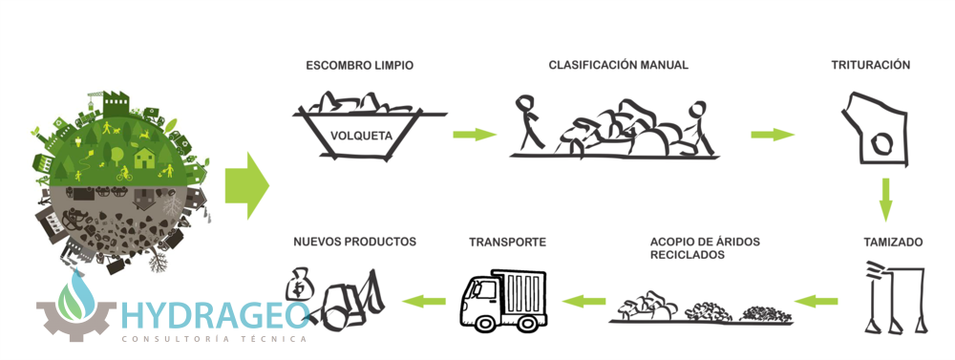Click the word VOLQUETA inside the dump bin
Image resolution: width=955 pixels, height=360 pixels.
(361, 136)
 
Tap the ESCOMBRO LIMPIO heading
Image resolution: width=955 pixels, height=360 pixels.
(359, 66)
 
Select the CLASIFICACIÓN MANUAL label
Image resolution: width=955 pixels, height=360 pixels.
(618, 65)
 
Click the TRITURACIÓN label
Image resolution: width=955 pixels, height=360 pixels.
(870, 65)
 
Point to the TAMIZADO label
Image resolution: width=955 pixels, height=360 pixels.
(893, 243)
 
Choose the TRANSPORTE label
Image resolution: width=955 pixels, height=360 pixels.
(507, 243)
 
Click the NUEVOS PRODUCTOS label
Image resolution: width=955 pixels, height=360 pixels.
(354, 242)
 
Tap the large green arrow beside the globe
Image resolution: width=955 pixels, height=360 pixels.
(247, 186)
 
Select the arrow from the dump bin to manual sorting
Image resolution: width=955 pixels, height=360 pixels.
(475, 135)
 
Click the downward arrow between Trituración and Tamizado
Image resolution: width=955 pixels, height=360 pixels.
(885, 200)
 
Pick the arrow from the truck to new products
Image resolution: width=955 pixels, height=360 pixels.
(424, 300)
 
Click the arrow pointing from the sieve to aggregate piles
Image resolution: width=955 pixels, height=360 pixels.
(817, 300)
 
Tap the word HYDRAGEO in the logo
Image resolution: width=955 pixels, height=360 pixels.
(214, 315)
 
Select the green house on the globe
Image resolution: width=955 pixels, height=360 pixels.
(145, 158)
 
